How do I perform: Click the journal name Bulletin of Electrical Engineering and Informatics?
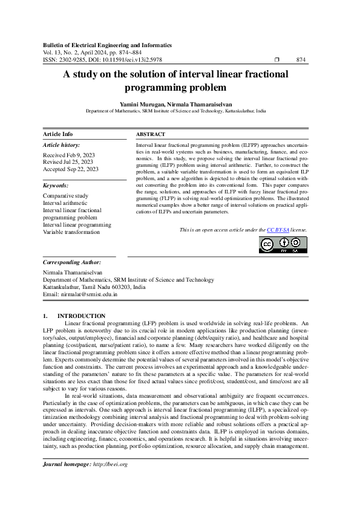coord(107,45)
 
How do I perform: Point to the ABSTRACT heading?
coord(151,134)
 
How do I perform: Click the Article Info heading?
coord(57,134)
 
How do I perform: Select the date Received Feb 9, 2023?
coord(70,155)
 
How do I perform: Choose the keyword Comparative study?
coord(65,196)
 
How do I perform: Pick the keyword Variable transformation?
coord(71,232)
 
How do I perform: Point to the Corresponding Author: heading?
coord(72,262)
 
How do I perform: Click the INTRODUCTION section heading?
coord(81,316)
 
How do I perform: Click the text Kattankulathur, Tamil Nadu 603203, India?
coord(94,287)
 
